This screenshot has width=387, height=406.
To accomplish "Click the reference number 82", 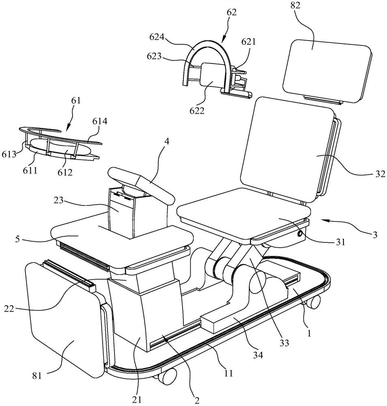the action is [x=295, y=5].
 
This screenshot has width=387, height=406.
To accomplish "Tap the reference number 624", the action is [x=157, y=37].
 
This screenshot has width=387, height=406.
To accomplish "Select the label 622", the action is [x=197, y=110].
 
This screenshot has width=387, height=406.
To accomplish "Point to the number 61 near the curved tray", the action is [x=76, y=100].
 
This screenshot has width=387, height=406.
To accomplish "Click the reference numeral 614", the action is [x=100, y=121].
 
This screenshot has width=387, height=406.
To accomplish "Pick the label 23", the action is [x=59, y=200].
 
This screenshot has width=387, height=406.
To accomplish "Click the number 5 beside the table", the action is [x=17, y=239].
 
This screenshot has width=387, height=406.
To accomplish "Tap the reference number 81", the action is [x=37, y=376].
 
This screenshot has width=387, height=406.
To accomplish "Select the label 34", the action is [x=258, y=355].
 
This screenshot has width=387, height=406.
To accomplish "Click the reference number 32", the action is [x=380, y=174].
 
